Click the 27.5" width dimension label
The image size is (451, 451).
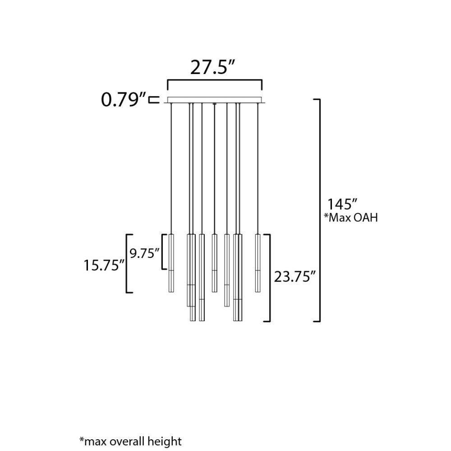(x=213, y=68)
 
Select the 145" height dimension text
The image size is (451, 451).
(x=343, y=204)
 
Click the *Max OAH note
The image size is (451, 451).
(x=350, y=218)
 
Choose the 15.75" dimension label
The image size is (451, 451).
(x=104, y=265)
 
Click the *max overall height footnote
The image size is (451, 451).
(x=130, y=441)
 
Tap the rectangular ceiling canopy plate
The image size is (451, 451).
(x=215, y=100)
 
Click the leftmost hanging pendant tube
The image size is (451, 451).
(x=171, y=263)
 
